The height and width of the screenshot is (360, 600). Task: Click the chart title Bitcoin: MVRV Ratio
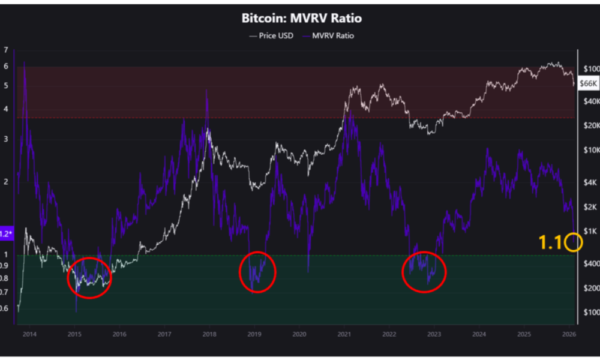(301, 18)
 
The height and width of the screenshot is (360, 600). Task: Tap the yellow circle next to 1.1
(574, 242)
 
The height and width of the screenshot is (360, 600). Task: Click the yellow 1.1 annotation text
(550, 242)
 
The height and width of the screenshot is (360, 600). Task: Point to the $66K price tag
(587, 84)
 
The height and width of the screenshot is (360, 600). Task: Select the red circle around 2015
(90, 278)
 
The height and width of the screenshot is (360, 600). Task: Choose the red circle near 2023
(424, 272)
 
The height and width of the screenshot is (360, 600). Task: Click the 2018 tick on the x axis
(209, 334)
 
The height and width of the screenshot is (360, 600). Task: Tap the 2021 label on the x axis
(344, 334)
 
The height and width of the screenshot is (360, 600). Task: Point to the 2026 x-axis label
(569, 334)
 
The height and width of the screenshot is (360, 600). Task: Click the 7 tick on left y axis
(6, 50)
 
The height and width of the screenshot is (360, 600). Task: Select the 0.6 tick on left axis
(6, 308)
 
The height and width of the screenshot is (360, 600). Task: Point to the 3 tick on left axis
(6, 139)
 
